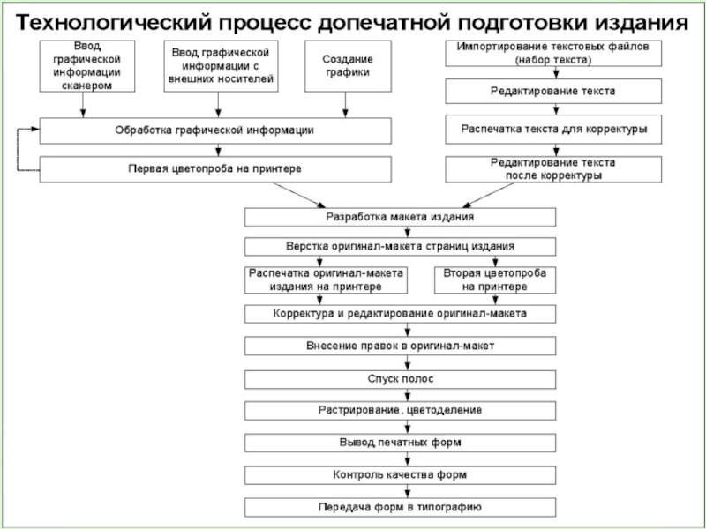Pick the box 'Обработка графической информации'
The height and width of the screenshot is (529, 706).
214,130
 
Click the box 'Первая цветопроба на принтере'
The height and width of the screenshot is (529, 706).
214,168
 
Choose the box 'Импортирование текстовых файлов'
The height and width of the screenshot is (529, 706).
553,53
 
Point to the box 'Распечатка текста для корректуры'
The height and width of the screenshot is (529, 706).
553,130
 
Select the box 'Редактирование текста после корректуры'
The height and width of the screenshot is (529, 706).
553,168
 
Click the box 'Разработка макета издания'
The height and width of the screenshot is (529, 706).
400,217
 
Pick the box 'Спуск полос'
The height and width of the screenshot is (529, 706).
400,379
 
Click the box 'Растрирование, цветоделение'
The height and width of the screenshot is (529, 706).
400,411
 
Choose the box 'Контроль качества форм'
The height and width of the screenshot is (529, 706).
400,474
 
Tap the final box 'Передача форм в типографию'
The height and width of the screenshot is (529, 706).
400,507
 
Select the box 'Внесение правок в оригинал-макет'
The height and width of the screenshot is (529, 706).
400,346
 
